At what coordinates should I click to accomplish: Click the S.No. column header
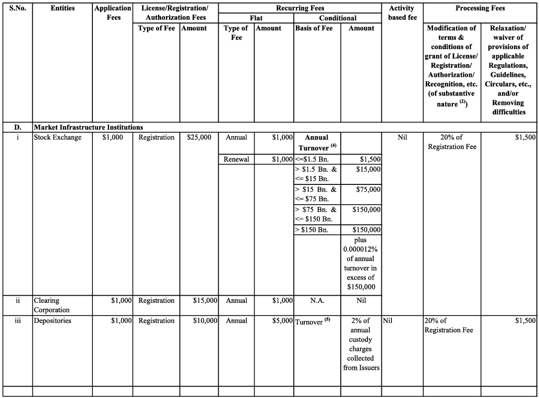pos(17,8)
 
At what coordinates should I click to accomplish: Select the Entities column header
pos(63,8)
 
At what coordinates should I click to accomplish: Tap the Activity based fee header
pos(402,13)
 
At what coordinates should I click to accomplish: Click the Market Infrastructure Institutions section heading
pos(89,127)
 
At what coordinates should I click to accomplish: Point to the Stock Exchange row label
pos(58,137)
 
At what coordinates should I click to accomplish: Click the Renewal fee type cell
pos(236,159)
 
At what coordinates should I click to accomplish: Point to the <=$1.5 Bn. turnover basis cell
pos(312,159)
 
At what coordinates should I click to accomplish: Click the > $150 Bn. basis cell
pos(313,230)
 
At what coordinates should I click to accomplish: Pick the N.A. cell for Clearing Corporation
pos(317,300)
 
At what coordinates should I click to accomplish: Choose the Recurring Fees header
pos(300,8)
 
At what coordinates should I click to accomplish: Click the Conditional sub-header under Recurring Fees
pos(338,18)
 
